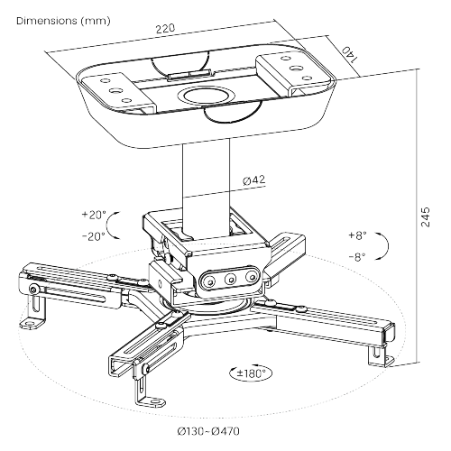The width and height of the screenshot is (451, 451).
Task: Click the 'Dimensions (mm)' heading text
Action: (x=63, y=21)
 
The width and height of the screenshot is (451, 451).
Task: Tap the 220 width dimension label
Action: (x=165, y=28)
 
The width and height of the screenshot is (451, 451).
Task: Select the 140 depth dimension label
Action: (x=350, y=55)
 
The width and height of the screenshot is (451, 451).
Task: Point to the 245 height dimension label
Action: (x=426, y=216)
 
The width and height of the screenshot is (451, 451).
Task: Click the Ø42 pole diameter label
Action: (x=254, y=180)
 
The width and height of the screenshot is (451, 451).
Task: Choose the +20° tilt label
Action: (x=94, y=215)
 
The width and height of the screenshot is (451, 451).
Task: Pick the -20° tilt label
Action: (x=94, y=236)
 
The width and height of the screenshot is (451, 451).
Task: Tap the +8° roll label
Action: (x=357, y=235)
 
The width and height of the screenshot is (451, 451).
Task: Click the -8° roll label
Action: (x=357, y=257)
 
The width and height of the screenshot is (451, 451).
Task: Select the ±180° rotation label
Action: (x=251, y=373)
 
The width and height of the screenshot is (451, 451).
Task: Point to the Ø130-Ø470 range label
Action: (x=208, y=432)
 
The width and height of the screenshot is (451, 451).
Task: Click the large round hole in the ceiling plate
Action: (x=207, y=96)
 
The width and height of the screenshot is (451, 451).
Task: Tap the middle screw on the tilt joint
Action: (x=231, y=280)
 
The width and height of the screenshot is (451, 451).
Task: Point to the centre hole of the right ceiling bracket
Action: (x=296, y=68)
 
